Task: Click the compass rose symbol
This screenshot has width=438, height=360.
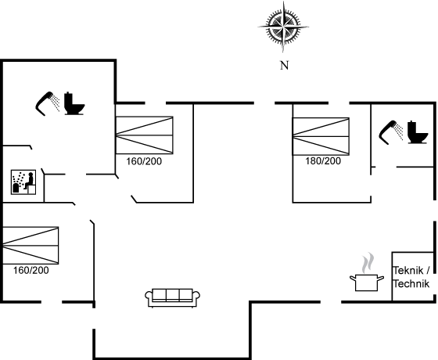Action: point(283,27)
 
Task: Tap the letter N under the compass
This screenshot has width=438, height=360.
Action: point(284,66)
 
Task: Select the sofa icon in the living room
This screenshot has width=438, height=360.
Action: point(172,298)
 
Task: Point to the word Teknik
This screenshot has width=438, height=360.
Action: point(408,271)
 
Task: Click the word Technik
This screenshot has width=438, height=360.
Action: point(411,283)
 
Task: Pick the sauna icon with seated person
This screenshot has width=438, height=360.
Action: point(23,182)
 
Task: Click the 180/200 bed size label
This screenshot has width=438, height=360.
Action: point(323,161)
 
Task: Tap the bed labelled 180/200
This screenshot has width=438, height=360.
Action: point(321,136)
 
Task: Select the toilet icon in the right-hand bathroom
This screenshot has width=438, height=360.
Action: point(418,132)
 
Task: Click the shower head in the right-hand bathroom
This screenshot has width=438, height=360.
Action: point(391,132)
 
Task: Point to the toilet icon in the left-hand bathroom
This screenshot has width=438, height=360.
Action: point(74,103)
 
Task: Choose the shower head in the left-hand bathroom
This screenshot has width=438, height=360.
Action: point(48,103)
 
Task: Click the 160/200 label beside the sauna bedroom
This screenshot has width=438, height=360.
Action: point(144,161)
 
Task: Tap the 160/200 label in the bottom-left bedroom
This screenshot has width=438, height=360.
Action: point(31,270)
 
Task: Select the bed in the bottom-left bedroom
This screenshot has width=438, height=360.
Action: point(31,246)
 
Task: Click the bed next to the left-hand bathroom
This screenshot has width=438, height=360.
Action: point(144,135)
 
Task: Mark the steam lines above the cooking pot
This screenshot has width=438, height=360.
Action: point(368,263)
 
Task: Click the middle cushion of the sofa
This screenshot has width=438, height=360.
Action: point(172,295)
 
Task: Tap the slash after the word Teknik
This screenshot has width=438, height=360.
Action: point(428,270)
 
